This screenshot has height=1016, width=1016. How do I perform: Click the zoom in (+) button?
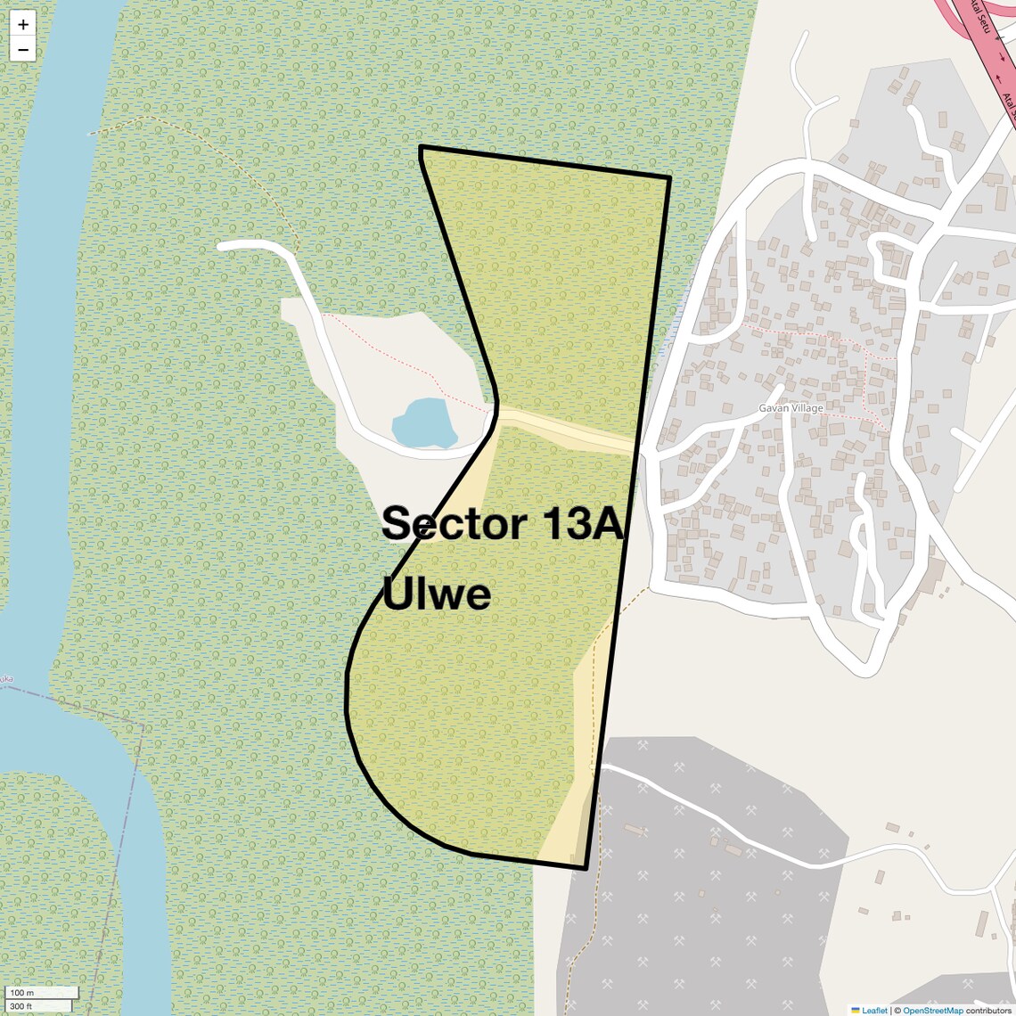coord(23,25)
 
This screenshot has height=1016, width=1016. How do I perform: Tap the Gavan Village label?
coord(791,408)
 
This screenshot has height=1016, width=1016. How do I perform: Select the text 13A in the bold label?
coord(580,523)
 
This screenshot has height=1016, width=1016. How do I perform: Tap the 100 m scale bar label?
coord(23,993)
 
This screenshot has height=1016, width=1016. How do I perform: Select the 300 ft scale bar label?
coord(21,1006)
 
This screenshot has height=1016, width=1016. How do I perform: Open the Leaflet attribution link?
coord(874,1011)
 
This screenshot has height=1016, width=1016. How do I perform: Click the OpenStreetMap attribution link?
coord(932,1011)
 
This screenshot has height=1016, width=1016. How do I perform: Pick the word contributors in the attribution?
coord(988,1011)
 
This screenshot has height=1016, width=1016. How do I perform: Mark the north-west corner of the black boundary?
coord(421,147)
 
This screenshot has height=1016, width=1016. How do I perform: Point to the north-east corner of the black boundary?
coord(668,178)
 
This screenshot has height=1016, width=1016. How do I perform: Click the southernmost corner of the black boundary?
coord(585,867)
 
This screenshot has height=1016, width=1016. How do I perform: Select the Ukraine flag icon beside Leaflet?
coord(856,1011)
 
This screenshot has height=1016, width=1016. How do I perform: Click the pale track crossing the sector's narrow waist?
coord(570,430)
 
